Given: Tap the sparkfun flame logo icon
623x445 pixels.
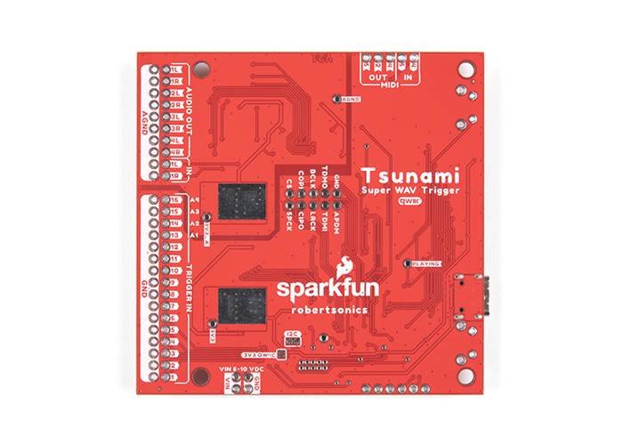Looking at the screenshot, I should tap(343, 266).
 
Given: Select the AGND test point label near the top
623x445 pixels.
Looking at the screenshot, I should tap(350, 100).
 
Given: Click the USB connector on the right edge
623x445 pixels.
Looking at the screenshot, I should tap(468, 298).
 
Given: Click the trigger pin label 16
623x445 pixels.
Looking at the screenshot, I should tap(176, 200).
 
